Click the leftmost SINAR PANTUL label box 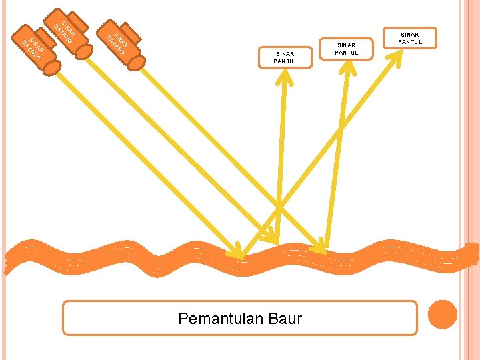pos(285,57)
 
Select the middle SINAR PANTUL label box pos(347,48)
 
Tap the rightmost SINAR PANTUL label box pos(409,38)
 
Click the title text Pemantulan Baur pos(240,319)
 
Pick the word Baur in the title pos(285,319)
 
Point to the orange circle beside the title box pos(443,315)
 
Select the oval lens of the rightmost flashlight pos(137,62)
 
